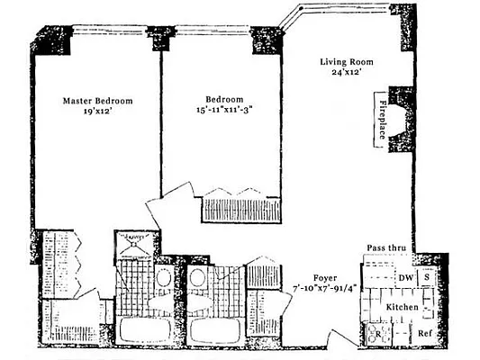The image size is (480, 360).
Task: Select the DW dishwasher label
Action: pyautogui.click(x=405, y=278)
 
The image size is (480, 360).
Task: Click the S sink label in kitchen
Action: pyautogui.click(x=428, y=278)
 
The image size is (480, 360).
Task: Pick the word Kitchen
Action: pyautogui.click(x=403, y=308)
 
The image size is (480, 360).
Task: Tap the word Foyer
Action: pyautogui.click(x=325, y=278)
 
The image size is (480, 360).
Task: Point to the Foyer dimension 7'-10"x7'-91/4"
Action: pyautogui.click(x=325, y=289)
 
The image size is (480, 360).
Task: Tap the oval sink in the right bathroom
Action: pyautogui.click(x=197, y=279)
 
